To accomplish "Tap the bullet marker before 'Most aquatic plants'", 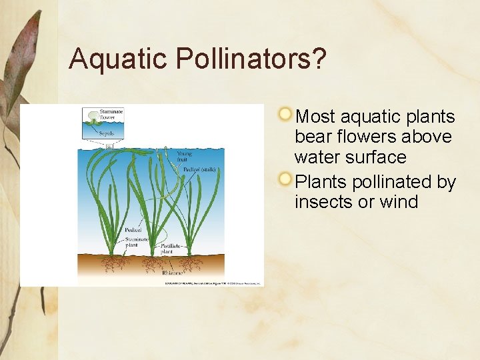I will click(286, 114).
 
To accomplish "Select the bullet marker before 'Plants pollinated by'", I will click(286, 179).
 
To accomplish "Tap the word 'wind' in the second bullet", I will click(399, 202).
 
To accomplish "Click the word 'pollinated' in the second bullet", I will click(389, 182).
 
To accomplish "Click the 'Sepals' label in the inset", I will click(107, 133).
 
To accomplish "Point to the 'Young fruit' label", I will click(184, 157).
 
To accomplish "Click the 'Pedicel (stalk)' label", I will click(199, 169).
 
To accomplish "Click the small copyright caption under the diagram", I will click(213, 283).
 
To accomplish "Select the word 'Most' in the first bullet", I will click(315, 117).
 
